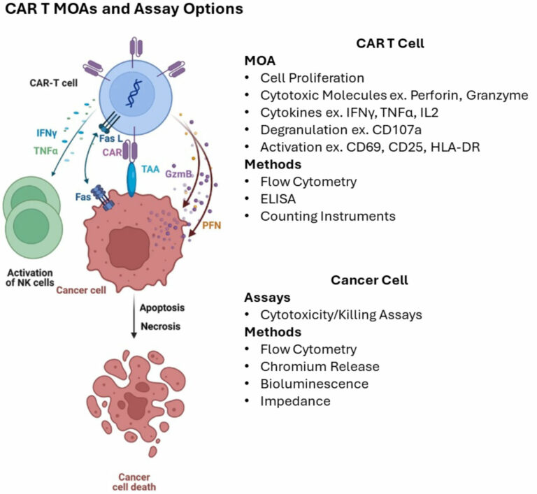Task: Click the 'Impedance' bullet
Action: pos(295,401)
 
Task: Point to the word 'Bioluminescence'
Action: pos(314,384)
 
